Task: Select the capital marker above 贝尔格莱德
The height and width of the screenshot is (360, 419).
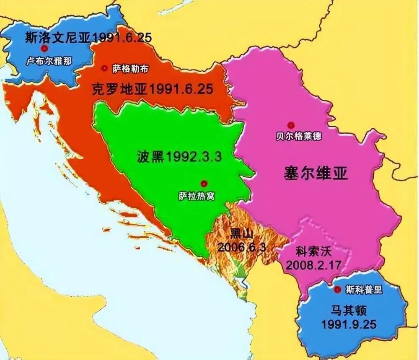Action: (x=290, y=125)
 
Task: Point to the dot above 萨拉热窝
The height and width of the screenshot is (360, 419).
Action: (x=204, y=183)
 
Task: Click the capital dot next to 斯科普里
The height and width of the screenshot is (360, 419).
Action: (x=338, y=290)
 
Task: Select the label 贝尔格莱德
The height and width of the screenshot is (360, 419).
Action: (x=299, y=137)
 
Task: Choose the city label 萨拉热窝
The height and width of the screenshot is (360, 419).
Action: (x=196, y=196)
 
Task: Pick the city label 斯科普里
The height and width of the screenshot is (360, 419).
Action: (x=364, y=290)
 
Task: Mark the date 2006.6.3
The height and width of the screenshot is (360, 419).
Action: (x=242, y=246)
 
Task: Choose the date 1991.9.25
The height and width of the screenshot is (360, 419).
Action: (x=349, y=324)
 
